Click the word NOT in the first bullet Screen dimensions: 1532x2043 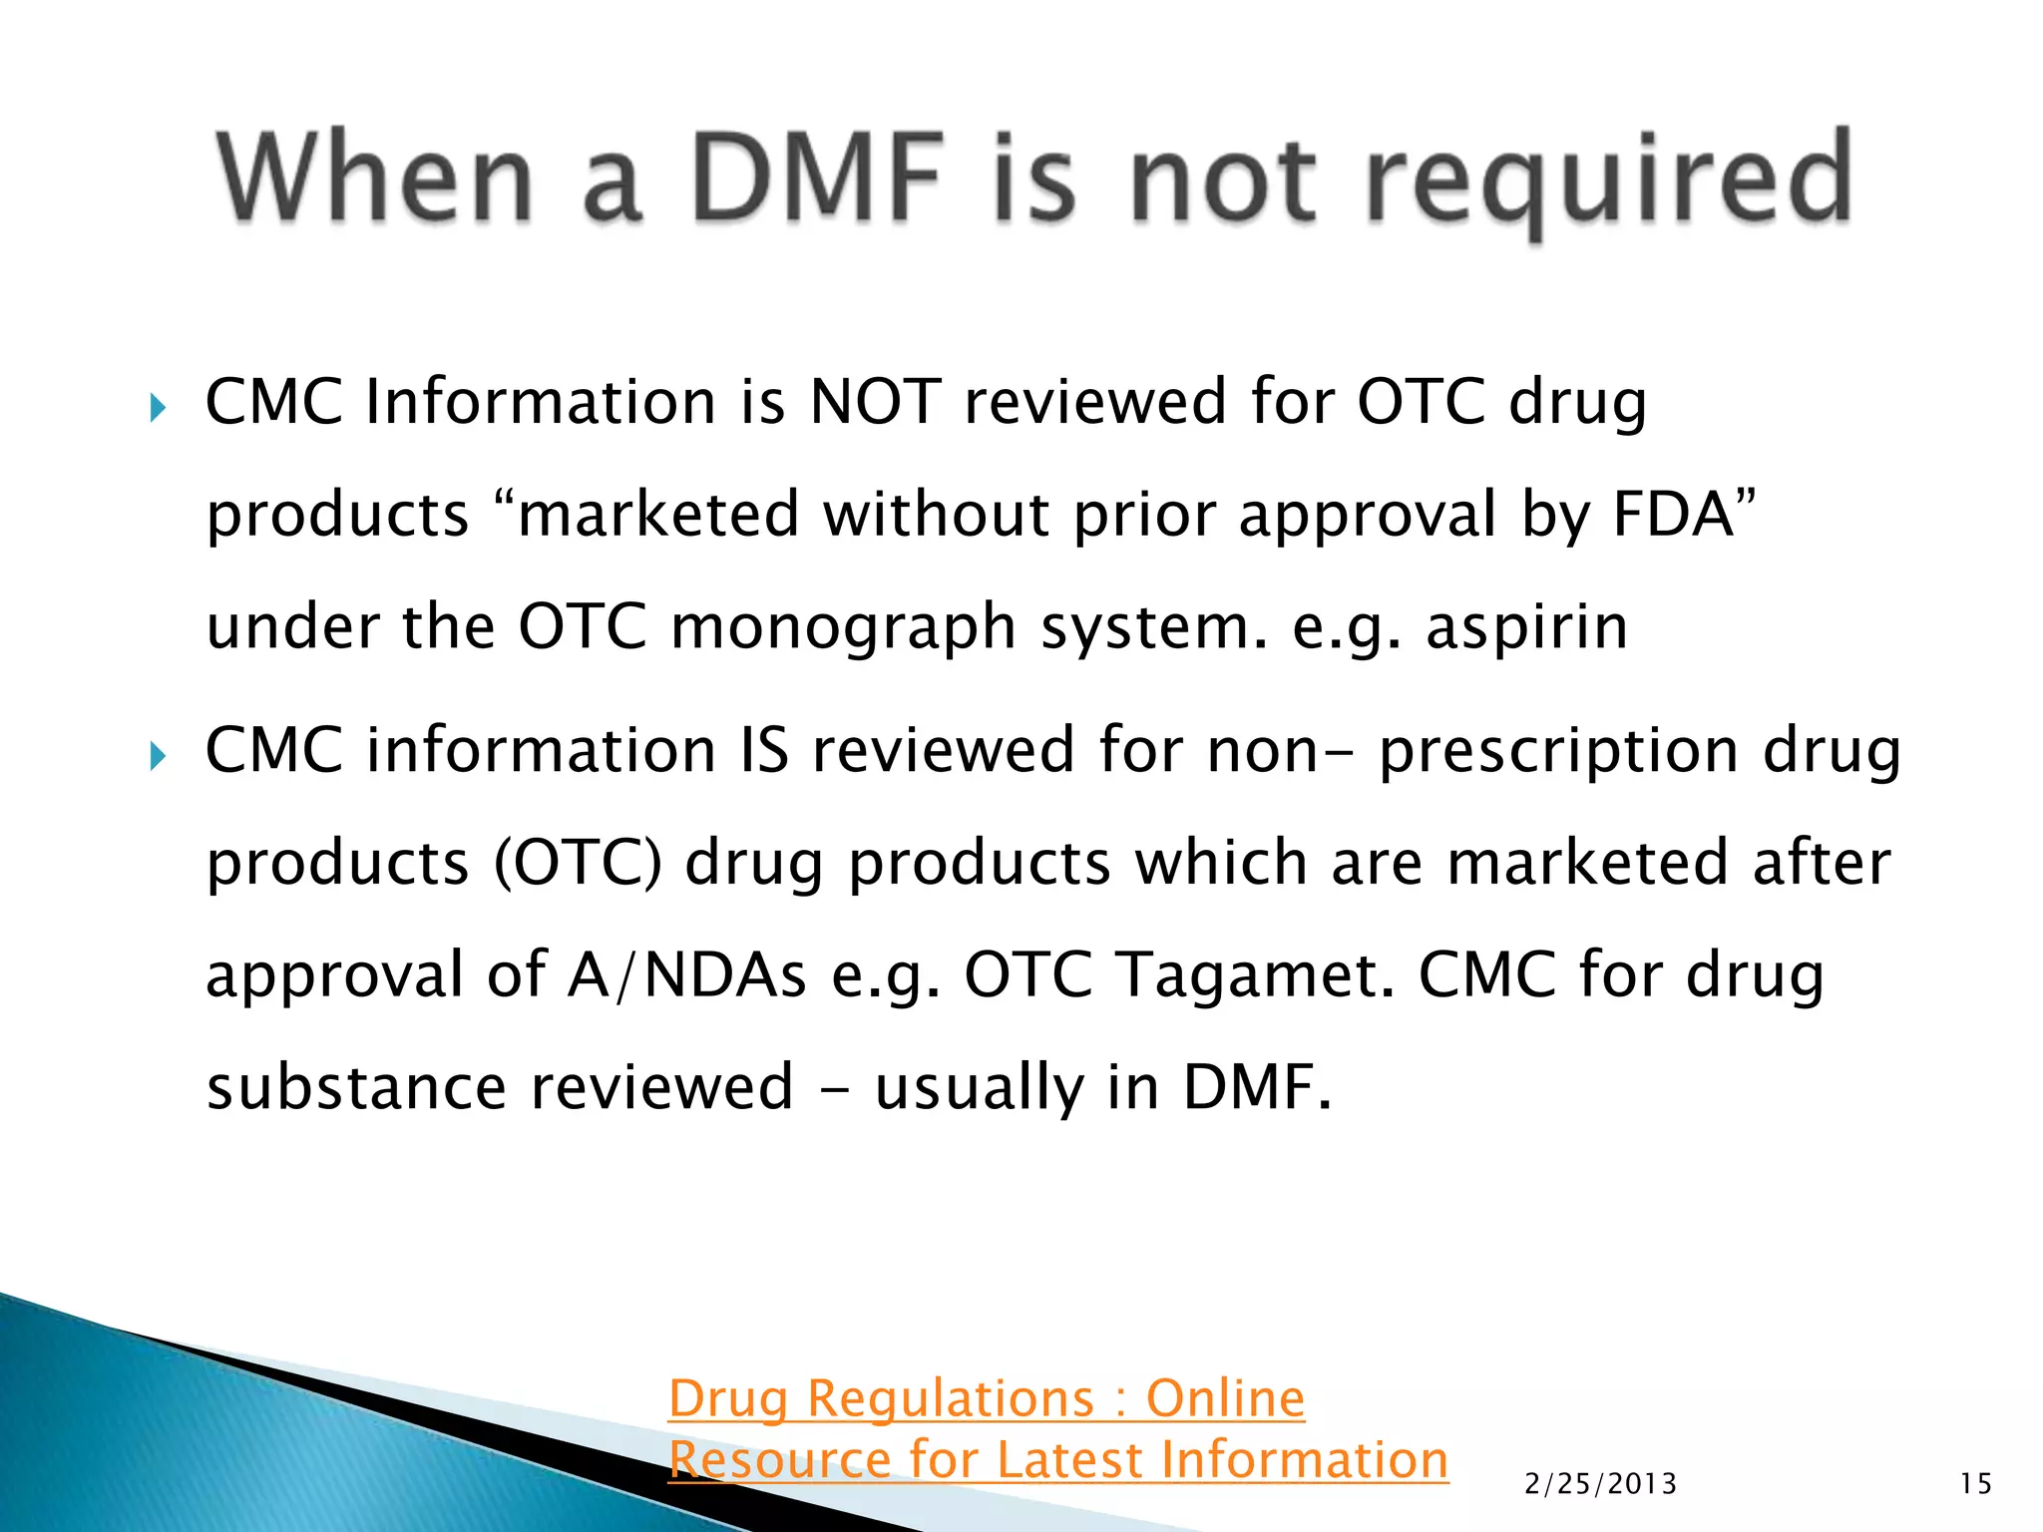pos(875,402)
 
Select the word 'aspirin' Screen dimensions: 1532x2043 pos(1526,627)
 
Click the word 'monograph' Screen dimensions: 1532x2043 pos(842,627)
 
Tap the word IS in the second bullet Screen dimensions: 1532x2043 pos(764,750)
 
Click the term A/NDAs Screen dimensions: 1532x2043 pos(686,974)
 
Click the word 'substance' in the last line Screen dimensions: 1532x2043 pos(356,1086)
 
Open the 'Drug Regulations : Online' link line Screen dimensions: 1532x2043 pos(986,1398)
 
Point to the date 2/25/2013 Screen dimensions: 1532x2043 pos(1600,1484)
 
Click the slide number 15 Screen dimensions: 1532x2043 pos(1975,1484)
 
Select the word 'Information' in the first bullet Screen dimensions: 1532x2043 pos(541,402)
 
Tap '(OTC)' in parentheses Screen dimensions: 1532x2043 pos(578,863)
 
